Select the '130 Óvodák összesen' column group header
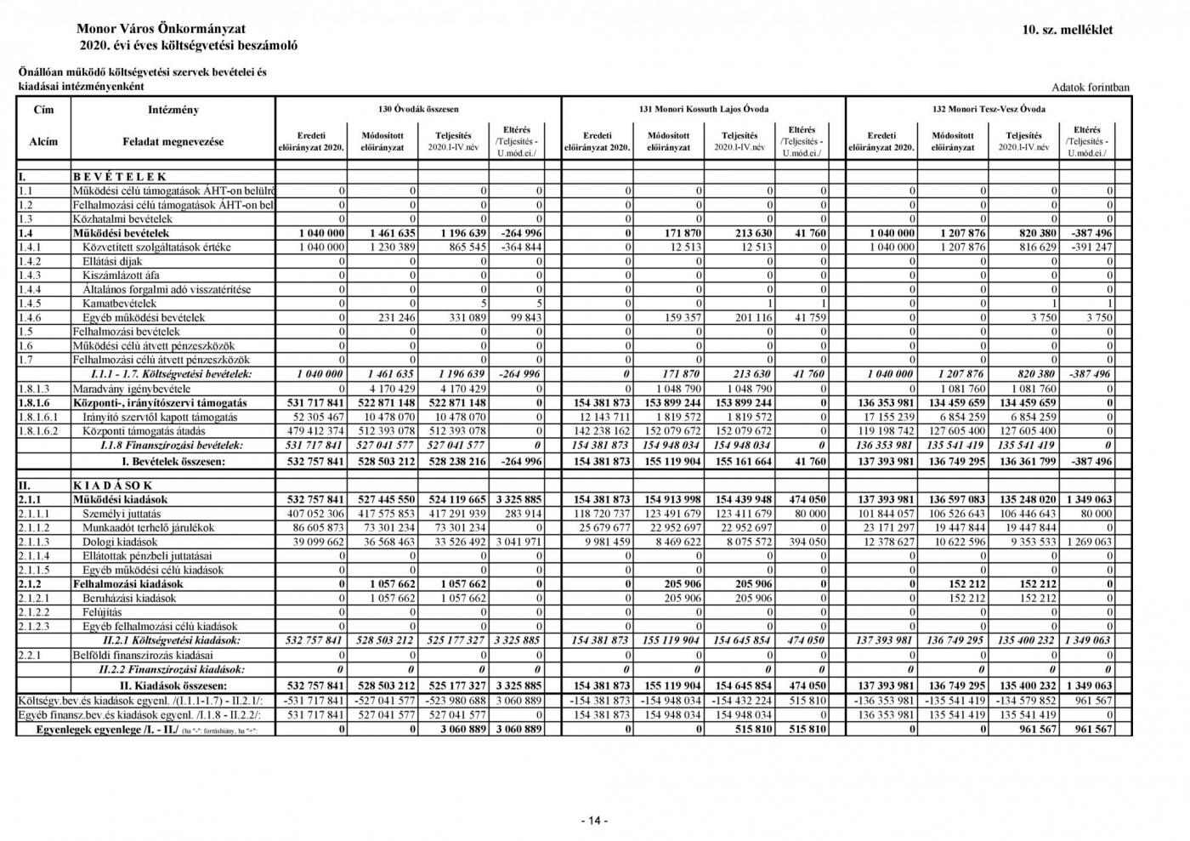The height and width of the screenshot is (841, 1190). (x=418, y=109)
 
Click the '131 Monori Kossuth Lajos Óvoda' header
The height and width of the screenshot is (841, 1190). (x=704, y=109)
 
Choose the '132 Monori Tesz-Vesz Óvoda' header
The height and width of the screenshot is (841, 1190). (x=989, y=109)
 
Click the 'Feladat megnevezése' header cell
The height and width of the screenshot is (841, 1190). (x=173, y=141)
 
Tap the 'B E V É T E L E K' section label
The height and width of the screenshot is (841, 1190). (x=120, y=177)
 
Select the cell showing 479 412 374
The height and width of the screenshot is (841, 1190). (x=312, y=431)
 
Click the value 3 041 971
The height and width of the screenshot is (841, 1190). (x=516, y=542)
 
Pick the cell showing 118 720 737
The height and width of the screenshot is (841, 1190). (x=598, y=514)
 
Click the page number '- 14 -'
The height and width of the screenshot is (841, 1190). (x=594, y=821)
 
